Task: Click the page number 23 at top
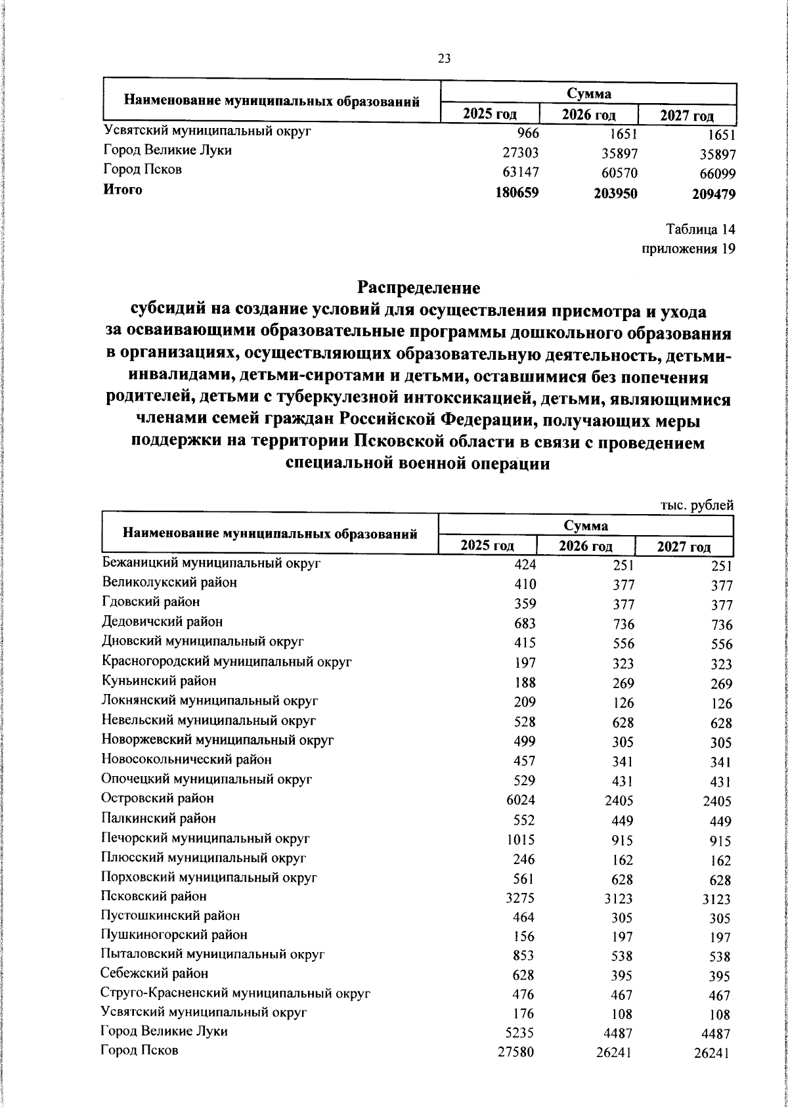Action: click(444, 59)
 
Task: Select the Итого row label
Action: click(123, 190)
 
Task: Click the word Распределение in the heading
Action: click(418, 288)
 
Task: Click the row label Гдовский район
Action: click(151, 601)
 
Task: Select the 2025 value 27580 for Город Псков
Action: click(516, 1052)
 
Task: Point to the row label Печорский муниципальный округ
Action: click(206, 838)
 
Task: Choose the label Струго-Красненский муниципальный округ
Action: click(236, 993)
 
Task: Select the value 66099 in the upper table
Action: click(715, 175)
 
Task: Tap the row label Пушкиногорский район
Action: click(174, 934)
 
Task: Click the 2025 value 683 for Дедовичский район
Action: click(525, 623)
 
